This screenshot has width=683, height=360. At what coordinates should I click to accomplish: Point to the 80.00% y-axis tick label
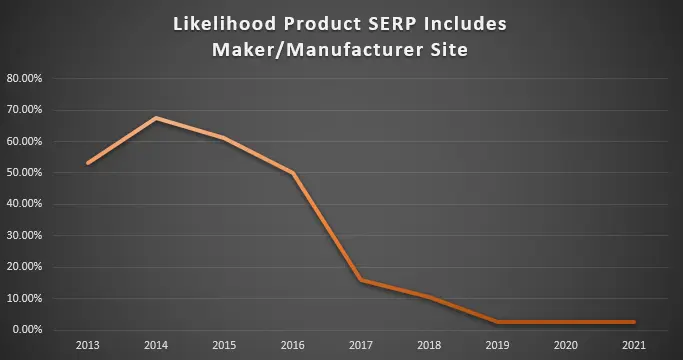24,78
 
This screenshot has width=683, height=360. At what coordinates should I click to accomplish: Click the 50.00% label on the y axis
24,173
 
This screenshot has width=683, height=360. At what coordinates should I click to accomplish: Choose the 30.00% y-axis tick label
24,236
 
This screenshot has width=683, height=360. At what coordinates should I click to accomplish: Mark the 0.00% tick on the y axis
26,330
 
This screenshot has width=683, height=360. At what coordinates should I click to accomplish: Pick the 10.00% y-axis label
24,299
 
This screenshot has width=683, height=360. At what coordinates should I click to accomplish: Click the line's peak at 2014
156,118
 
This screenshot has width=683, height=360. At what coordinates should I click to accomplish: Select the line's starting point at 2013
88,163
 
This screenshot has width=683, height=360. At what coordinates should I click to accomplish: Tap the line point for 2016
292,173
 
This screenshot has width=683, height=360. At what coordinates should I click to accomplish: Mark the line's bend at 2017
361,280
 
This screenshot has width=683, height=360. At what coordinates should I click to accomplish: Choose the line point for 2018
429,297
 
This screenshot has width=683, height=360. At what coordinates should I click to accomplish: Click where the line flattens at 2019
497,322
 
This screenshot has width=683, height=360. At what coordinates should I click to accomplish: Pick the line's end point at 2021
633,322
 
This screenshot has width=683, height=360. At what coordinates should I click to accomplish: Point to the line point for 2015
224,138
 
